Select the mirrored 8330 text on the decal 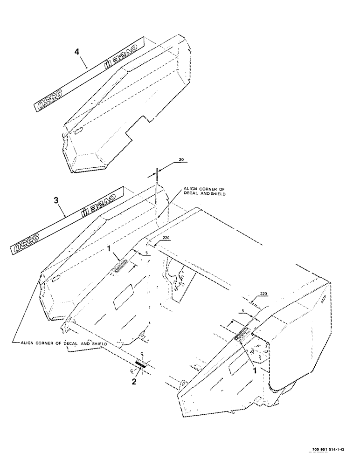[x=28, y=244]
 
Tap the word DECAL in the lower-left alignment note [x=70, y=343]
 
